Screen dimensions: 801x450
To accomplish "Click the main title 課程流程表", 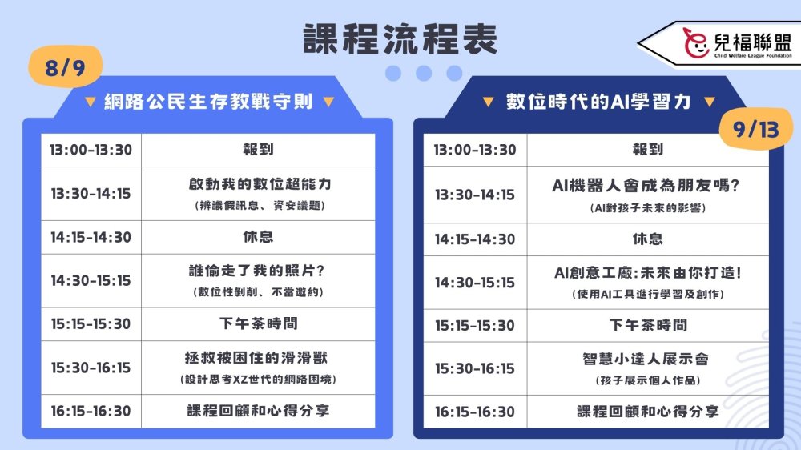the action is pos(400,38).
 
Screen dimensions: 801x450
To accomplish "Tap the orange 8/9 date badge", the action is pos(66,66).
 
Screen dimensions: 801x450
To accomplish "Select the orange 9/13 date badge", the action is pos(756,129).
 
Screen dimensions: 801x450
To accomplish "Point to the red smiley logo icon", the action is pos(696,43).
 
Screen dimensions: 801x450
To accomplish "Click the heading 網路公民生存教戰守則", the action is pos(208,102).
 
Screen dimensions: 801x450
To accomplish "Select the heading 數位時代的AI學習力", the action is pos(598,102).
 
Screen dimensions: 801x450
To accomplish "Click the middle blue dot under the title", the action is pos(424,73).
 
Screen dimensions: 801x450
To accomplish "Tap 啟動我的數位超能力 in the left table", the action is pos(260,184).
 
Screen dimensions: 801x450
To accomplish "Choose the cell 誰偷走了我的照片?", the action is pos(257,271).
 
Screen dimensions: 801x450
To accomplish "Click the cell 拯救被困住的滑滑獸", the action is pos(256,358).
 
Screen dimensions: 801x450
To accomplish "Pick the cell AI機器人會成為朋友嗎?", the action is pos(646,185).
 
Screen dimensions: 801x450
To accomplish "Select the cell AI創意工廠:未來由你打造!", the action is pos(648,273).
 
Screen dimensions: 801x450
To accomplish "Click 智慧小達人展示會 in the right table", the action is pos(646,359).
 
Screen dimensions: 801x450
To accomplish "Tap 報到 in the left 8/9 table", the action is pos(258,150).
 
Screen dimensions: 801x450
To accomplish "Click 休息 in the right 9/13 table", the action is pos(648,239).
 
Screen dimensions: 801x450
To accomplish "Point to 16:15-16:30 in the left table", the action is pos(91,412).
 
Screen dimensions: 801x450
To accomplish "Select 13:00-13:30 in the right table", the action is pos(475,150).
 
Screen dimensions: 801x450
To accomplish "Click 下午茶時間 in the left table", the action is pos(259,323).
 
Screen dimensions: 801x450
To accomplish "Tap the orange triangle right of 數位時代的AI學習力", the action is pos(710,102).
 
